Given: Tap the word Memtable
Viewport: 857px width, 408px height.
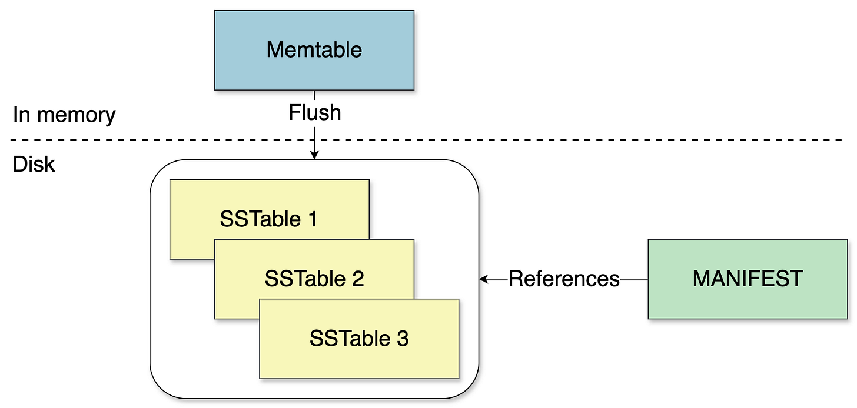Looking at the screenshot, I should tap(314, 50).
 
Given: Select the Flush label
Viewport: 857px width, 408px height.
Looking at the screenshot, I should tap(314, 113).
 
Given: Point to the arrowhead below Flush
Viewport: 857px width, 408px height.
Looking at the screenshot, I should tap(314, 155).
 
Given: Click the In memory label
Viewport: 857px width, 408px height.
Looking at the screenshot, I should tap(64, 115).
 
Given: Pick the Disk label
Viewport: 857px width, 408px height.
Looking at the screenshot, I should tap(34, 165).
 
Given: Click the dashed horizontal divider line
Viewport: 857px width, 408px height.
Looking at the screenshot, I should tap(530, 140).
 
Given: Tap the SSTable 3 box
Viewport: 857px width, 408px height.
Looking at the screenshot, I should tap(359, 359).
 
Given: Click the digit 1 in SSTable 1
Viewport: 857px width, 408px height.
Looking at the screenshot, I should tap(313, 219).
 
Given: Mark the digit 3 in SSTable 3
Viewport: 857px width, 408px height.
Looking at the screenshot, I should tap(402, 339).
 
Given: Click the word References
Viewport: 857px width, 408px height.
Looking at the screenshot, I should tap(564, 279).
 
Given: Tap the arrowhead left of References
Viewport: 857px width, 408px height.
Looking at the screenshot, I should tap(484, 279).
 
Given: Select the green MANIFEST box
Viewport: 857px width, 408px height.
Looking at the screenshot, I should tap(748, 300).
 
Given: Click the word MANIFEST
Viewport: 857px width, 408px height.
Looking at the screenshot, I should tap(748, 279).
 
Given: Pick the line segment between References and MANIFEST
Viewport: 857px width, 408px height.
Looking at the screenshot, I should tap(634, 279).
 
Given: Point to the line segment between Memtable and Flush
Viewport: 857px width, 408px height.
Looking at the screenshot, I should tap(314, 96).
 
